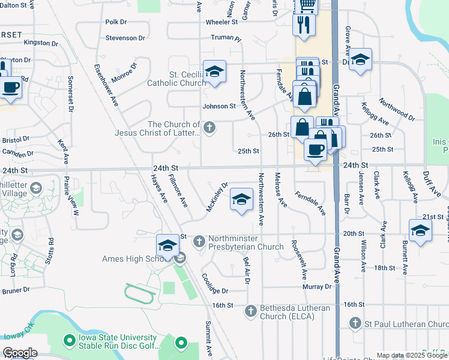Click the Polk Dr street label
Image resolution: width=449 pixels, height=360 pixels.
coord(116,22)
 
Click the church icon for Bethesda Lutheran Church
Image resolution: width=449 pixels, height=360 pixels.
coord(252,311)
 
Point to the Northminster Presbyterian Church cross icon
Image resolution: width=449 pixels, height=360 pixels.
coord(200,242)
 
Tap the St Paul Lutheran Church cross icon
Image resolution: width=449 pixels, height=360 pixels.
coord(355,325)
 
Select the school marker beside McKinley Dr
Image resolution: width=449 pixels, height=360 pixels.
coord(241,200)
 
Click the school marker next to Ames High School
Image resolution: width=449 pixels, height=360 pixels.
coord(167,245)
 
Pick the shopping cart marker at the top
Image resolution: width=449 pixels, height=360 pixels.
coord(306,6)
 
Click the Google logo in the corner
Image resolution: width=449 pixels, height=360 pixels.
coord(20,353)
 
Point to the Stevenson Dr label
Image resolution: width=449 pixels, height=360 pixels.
coord(125,38)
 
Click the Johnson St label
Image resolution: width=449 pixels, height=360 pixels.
coord(219,107)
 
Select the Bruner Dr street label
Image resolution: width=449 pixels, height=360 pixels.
coord(16,290)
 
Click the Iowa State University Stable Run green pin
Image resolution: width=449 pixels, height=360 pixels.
coord(69,341)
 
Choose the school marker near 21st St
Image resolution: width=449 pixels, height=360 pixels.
coord(420,230)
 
